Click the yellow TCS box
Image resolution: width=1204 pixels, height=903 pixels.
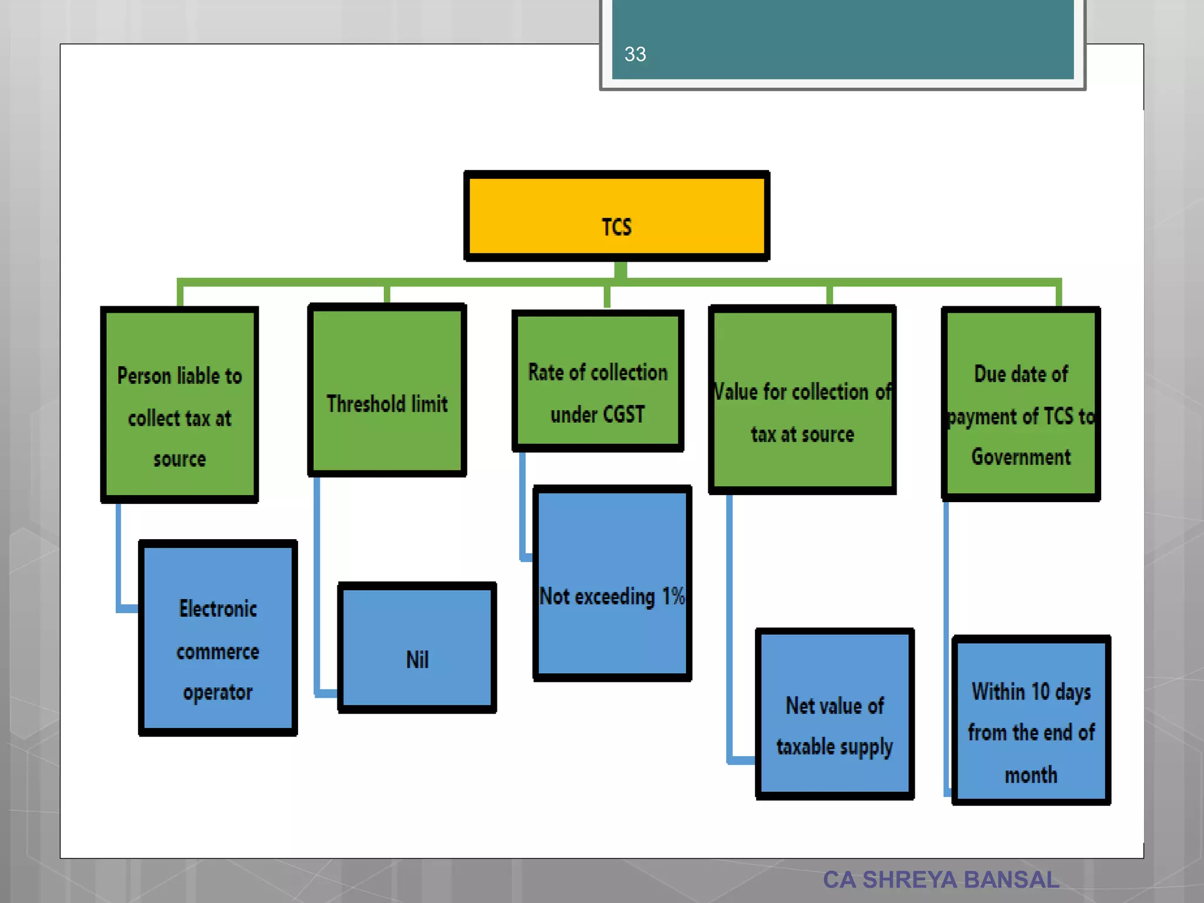[x=617, y=216]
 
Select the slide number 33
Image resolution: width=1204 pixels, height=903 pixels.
[x=635, y=54]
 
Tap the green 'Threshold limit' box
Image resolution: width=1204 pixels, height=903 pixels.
[x=387, y=390]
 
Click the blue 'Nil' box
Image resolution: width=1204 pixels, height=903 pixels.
[x=417, y=648]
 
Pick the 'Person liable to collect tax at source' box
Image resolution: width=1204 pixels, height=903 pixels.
[x=179, y=404]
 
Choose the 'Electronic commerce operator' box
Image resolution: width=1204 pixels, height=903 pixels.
[x=218, y=638]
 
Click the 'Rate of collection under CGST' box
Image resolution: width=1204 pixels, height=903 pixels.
[x=597, y=381]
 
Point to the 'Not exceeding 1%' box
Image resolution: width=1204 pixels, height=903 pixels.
[x=611, y=583]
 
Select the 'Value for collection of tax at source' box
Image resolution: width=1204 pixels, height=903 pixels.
[x=802, y=400]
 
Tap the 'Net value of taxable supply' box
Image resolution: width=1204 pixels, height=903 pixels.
[x=834, y=714]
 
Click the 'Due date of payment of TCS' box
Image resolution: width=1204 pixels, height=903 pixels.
[x=1021, y=404]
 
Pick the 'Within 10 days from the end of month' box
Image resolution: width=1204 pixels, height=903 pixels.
[x=1031, y=720]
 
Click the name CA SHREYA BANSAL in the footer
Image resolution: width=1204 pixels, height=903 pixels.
[x=941, y=879]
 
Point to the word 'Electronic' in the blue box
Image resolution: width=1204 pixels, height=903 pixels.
[x=218, y=609]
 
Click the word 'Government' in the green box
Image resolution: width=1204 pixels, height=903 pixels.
[x=1021, y=457]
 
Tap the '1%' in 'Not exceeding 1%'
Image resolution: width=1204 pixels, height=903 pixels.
[x=673, y=596]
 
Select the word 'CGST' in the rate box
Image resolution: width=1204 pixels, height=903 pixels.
[x=624, y=414]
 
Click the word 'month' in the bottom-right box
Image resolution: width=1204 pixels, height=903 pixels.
[x=1031, y=775]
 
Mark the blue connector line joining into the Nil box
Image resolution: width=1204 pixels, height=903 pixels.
[x=317, y=588]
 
